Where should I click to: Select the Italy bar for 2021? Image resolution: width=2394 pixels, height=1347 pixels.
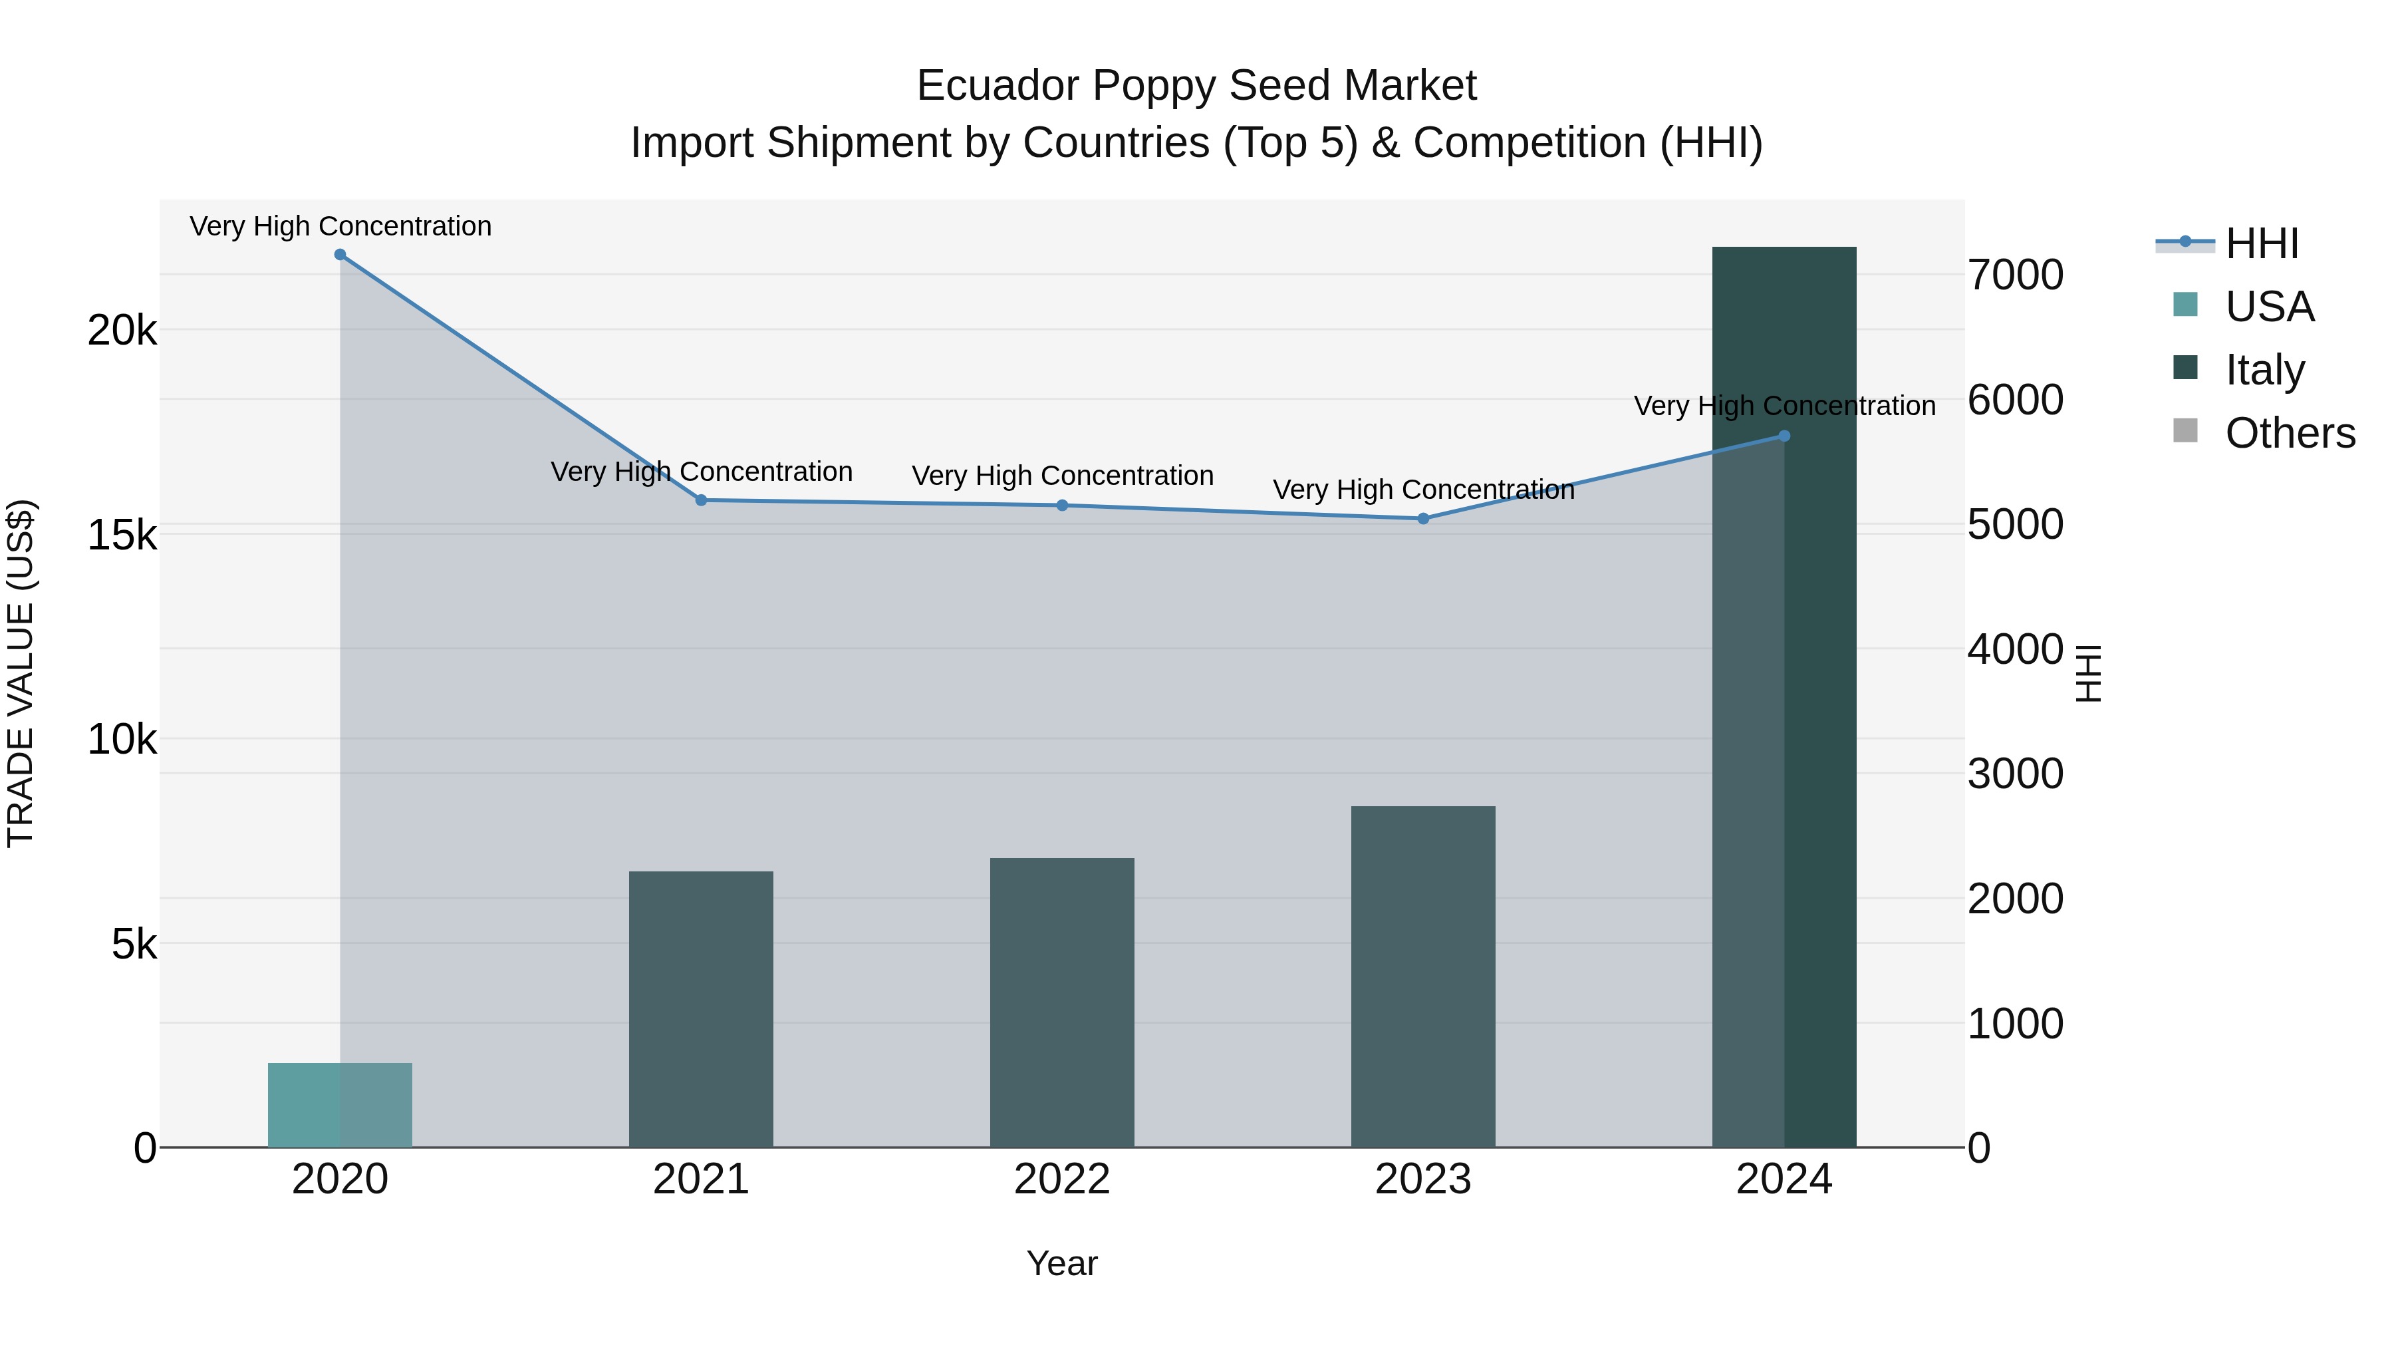click(701, 1008)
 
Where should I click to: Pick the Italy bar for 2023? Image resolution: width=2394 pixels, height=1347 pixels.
click(1423, 976)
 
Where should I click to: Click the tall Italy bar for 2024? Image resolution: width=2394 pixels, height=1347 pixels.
click(1784, 697)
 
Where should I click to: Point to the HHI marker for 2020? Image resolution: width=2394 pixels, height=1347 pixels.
click(340, 255)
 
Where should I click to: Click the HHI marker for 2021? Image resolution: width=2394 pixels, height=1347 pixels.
click(702, 500)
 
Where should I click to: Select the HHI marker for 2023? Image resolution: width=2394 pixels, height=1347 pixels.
click(1423, 519)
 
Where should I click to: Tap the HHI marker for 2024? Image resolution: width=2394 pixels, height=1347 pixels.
click(1784, 436)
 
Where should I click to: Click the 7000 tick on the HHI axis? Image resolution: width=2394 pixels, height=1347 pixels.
click(2015, 275)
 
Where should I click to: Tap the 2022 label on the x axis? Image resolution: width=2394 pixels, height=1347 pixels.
click(1061, 1179)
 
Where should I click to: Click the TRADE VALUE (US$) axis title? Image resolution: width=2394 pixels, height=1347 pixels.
click(21, 673)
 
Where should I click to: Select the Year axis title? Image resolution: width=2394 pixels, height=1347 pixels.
click(1061, 1263)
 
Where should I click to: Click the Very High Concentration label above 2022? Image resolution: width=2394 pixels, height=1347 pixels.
click(1062, 476)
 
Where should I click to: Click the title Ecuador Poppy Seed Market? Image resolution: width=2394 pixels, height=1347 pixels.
click(1196, 86)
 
